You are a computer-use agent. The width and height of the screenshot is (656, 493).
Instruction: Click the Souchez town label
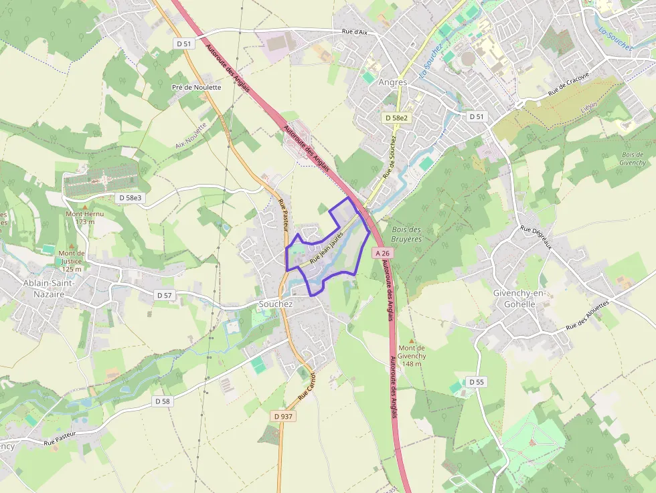pyautogui.click(x=276, y=304)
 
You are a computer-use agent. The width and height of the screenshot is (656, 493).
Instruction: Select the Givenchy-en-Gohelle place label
pyautogui.click(x=514, y=298)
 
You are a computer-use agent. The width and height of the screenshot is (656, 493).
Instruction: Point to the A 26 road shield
pyautogui.click(x=382, y=254)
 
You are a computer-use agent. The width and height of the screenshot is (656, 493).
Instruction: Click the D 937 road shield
pyautogui.click(x=283, y=416)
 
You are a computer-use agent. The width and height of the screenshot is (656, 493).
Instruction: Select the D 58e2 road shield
pyautogui.click(x=396, y=118)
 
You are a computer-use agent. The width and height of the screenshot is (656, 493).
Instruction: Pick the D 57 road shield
pyautogui.click(x=164, y=295)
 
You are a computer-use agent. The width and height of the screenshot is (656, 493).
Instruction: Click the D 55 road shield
pyautogui.click(x=476, y=382)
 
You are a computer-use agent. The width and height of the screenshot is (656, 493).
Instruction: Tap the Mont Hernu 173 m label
pyautogui.click(x=84, y=218)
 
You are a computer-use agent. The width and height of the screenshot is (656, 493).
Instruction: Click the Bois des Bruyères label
pyautogui.click(x=407, y=234)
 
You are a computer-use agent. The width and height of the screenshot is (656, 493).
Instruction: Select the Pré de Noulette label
pyautogui.click(x=196, y=87)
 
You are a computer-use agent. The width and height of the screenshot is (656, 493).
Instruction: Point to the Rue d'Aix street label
pyautogui.click(x=355, y=32)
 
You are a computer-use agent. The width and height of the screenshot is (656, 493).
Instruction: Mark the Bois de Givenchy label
pyautogui.click(x=633, y=159)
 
